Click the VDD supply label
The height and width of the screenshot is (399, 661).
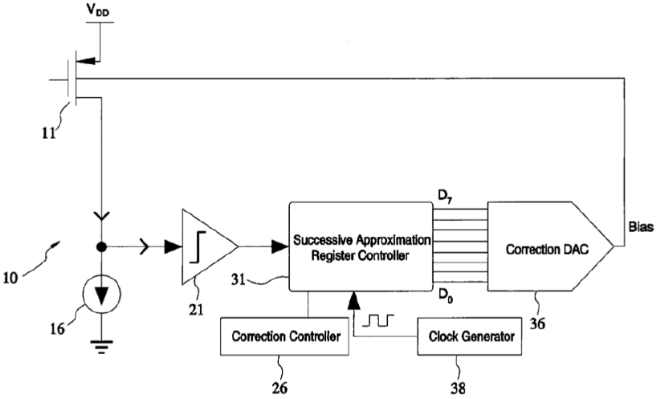tap(98, 10)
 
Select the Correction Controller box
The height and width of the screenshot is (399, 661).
tap(284, 336)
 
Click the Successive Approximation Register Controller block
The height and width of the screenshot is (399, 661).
tap(361, 246)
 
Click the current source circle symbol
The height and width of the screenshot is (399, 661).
tap(101, 295)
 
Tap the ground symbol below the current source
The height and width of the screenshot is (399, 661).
tap(101, 345)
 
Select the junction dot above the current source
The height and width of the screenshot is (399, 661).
tap(101, 247)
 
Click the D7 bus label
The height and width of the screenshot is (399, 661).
tap(445, 196)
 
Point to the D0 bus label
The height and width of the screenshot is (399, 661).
tap(445, 295)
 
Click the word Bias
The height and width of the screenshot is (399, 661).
tap(641, 227)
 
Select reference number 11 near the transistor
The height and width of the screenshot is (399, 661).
tap(48, 133)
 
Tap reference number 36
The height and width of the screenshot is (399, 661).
tap(537, 324)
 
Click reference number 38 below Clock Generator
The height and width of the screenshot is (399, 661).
tap(458, 388)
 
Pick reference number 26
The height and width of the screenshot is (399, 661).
tap(279, 388)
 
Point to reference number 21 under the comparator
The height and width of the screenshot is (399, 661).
tap(196, 310)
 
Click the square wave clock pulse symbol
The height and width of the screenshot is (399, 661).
tap(378, 320)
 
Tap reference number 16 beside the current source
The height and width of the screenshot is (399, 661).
tap(58, 328)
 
